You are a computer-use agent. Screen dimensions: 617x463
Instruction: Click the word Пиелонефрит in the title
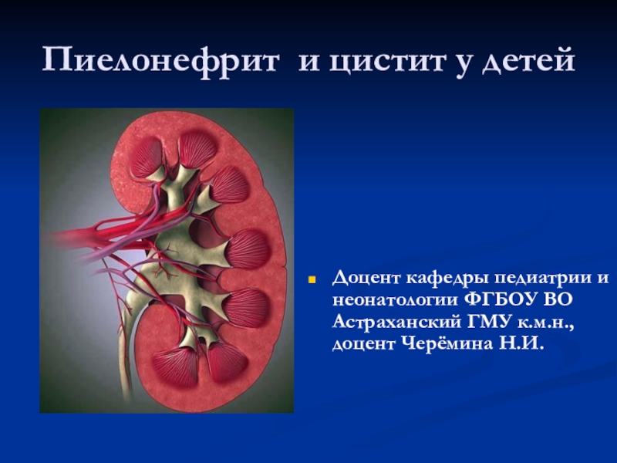coord(161,61)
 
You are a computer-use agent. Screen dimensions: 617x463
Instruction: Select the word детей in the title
coord(528,61)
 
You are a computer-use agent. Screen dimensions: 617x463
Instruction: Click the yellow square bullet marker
coord(312,280)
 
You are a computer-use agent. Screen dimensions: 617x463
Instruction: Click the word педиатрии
coord(542,279)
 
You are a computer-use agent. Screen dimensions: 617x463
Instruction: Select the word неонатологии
coord(395,301)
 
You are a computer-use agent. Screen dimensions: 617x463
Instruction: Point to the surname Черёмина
coord(447,344)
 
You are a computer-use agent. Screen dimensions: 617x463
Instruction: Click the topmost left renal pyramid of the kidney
coord(146,157)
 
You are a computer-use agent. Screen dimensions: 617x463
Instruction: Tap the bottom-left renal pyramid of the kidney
coord(176,366)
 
